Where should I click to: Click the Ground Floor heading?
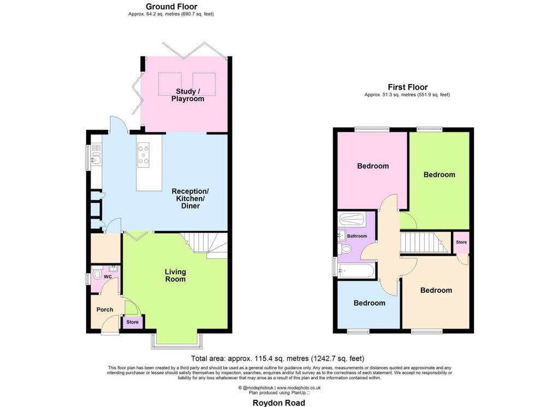(x=171, y=7)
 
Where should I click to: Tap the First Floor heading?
(x=407, y=87)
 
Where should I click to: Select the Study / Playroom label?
(x=188, y=95)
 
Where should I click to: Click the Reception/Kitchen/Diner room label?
(x=191, y=198)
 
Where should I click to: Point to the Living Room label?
(x=175, y=275)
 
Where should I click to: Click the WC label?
(x=108, y=277)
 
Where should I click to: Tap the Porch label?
(x=105, y=310)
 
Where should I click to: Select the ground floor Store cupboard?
(x=132, y=322)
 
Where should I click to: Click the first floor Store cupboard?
(x=461, y=242)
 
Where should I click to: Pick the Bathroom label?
(x=357, y=236)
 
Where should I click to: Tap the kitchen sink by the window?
(x=97, y=156)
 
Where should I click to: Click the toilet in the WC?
(x=96, y=274)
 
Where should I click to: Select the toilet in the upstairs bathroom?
(x=344, y=249)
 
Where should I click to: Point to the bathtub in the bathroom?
(x=356, y=271)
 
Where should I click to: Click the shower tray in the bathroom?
(x=351, y=220)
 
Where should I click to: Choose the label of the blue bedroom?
(x=370, y=303)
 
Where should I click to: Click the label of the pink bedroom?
(x=373, y=166)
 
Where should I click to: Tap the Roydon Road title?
(x=279, y=403)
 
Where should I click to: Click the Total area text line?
(x=278, y=358)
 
